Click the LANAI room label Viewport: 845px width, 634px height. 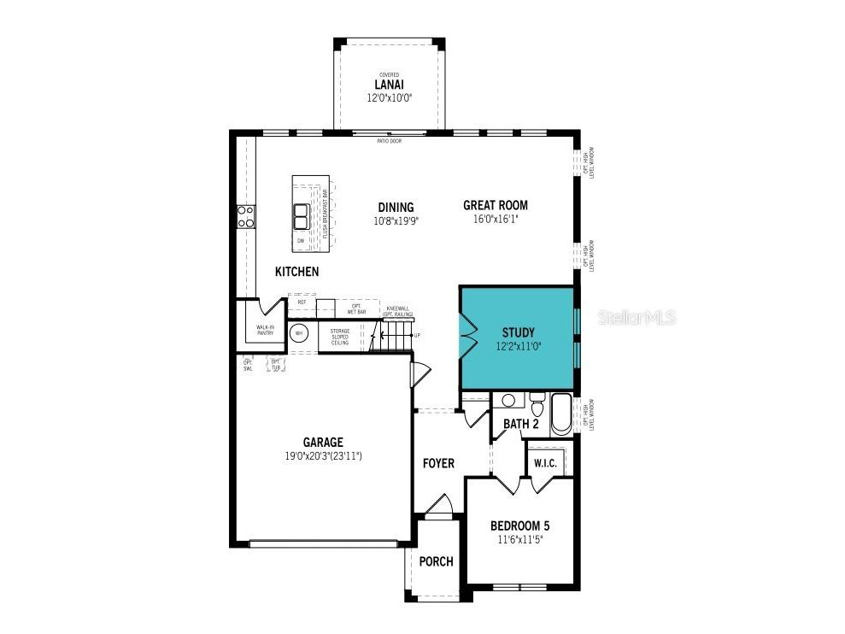tap(388, 85)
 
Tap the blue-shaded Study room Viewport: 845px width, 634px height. tap(516, 338)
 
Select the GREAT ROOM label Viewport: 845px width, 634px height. tap(495, 205)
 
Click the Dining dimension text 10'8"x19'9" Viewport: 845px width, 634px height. tap(396, 220)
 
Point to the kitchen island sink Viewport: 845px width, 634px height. tap(301, 216)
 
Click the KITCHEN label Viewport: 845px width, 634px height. tap(296, 272)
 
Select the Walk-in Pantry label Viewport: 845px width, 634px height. tap(265, 330)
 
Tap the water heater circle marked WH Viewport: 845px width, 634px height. tap(299, 334)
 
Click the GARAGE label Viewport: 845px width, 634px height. tap(323, 442)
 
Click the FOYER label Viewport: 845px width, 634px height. tap(438, 463)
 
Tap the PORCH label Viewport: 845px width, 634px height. tap(437, 561)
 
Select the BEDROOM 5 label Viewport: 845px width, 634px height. tap(519, 525)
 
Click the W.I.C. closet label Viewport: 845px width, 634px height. tap(545, 463)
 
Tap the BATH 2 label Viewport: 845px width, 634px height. tap(520, 424)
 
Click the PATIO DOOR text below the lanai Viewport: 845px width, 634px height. tap(389, 140)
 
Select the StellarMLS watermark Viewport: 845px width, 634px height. tap(637, 318)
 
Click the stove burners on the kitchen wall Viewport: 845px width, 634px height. tap(244, 216)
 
